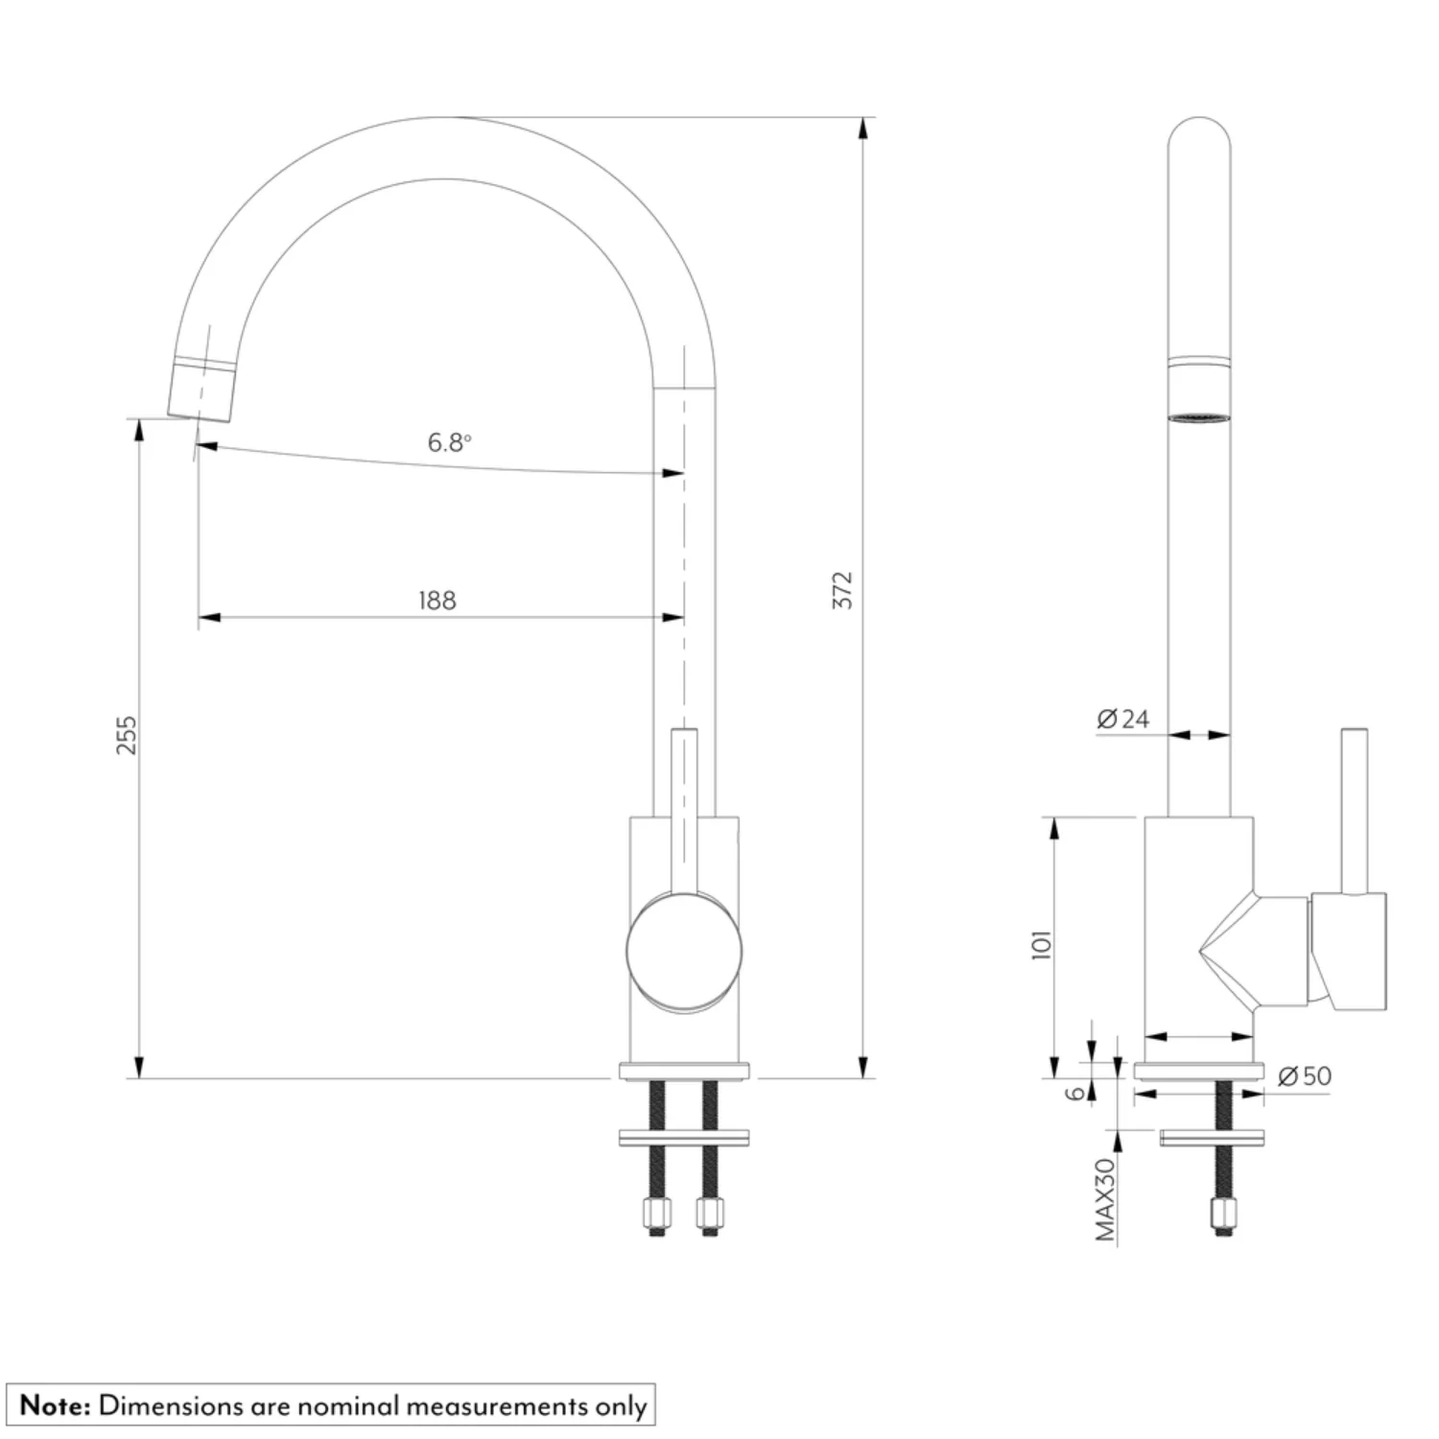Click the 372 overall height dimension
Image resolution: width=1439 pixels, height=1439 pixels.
842,590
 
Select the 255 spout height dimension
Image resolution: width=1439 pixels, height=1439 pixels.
127,735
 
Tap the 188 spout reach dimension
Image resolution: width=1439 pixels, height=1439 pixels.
437,601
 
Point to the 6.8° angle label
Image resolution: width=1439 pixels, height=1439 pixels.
449,442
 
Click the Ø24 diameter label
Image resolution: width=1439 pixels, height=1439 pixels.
1123,719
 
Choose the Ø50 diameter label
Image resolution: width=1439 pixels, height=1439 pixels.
1306,1076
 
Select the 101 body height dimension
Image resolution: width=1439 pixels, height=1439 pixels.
1042,944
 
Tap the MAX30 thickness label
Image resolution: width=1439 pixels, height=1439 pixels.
1106,1199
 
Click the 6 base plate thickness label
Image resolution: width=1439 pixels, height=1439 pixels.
1077,1092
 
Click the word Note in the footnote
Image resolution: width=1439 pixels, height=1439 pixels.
55,1406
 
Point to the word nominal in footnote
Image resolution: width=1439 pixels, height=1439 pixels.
347,1406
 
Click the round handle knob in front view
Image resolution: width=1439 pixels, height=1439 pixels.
684,951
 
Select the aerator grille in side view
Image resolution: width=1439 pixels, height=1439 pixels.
1199,417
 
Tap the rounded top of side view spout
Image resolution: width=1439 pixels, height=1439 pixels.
1199,130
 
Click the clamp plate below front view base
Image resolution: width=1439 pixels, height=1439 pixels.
684,1138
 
